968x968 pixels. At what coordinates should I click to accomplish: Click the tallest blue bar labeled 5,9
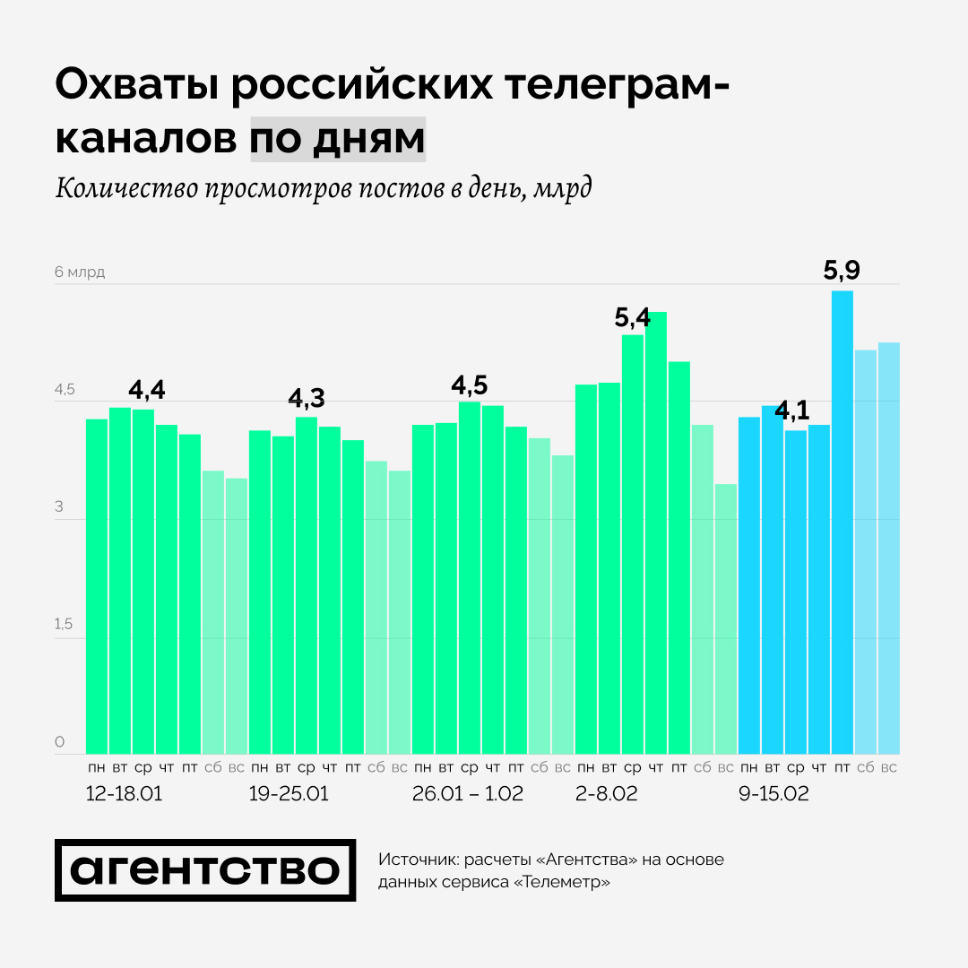[x=842, y=520]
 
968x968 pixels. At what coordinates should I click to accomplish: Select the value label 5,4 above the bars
[x=633, y=317]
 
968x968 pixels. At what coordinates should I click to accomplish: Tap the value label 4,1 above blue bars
[x=791, y=411]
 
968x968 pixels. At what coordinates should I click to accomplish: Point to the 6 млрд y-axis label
[x=80, y=272]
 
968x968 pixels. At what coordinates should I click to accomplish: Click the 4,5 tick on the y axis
[x=65, y=391]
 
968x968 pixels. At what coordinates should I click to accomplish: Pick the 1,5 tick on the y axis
[x=64, y=625]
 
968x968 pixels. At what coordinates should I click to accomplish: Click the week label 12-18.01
[x=124, y=794]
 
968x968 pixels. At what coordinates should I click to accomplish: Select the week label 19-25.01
[x=289, y=794]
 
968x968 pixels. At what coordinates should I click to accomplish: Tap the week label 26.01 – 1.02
[x=467, y=794]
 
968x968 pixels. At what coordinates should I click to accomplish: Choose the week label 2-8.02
[x=607, y=794]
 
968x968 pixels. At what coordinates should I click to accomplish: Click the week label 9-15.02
[x=774, y=794]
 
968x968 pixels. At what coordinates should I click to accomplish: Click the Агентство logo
[x=205, y=870]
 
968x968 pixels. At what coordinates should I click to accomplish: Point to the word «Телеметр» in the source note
[x=564, y=882]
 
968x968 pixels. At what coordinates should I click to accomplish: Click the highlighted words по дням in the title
[x=337, y=139]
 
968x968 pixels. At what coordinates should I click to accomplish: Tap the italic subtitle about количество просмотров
[x=324, y=190]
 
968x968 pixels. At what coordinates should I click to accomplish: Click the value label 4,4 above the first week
[x=147, y=391]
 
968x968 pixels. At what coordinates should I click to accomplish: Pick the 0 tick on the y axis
[x=60, y=742]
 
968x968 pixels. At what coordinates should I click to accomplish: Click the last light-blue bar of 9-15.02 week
[x=888, y=547]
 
